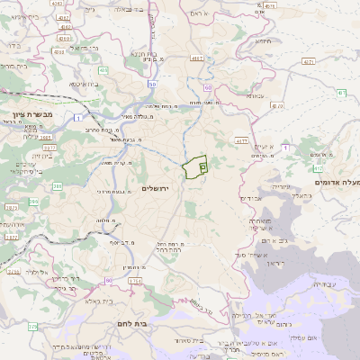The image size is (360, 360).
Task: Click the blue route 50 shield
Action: (152, 85)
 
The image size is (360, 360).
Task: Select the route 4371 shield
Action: (308, 62)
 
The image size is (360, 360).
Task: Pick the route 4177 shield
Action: (241, 141)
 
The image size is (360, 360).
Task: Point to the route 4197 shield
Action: (195, 58)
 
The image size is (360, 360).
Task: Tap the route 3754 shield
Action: (135, 282)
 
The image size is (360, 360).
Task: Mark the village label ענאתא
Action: (255, 95)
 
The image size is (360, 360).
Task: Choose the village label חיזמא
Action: (262, 40)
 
